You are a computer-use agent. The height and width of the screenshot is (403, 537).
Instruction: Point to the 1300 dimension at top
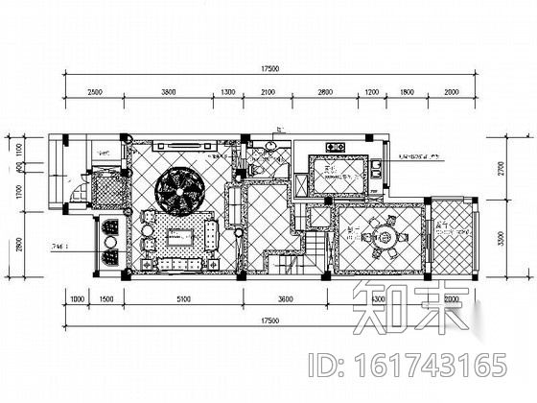tap(227, 91)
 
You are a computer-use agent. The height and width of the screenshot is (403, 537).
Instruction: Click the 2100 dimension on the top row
tap(268, 91)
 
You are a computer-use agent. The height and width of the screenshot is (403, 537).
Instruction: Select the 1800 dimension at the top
tap(407, 91)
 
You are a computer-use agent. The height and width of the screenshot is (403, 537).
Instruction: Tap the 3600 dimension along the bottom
tap(285, 299)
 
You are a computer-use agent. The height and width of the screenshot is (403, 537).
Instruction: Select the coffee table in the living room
tap(181, 236)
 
